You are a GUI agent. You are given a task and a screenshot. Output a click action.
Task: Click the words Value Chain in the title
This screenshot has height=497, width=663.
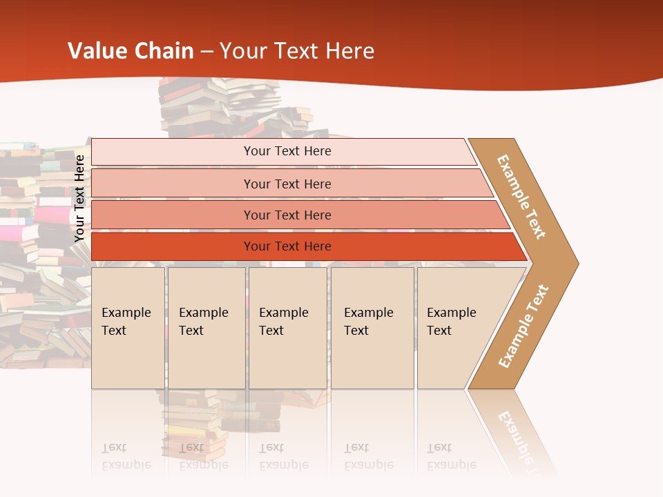pos(131,51)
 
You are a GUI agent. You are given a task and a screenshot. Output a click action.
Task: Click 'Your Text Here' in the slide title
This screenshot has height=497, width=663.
pos(297,51)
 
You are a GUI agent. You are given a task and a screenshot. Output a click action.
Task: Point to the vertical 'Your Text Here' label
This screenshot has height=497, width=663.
pos(79,199)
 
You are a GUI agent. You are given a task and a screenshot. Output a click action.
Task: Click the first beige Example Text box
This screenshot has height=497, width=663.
pos(128,328)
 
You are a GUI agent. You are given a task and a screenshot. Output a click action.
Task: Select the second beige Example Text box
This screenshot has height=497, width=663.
pos(206,328)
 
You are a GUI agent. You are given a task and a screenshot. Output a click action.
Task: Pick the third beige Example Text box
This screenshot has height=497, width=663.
pos(287,328)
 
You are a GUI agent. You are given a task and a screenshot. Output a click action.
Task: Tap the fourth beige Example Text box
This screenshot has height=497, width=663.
pos(372,328)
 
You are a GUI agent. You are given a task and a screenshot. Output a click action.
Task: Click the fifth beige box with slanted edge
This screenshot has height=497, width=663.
pos(459,328)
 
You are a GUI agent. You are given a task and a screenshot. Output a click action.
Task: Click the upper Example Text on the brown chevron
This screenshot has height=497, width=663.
pos(521,197)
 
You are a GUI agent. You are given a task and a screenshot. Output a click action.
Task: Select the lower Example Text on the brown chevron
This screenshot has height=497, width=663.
pos(523,326)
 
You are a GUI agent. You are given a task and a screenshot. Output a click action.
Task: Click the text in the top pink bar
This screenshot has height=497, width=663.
pos(287,151)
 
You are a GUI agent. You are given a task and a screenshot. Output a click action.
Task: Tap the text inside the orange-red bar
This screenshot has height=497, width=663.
pos(287,246)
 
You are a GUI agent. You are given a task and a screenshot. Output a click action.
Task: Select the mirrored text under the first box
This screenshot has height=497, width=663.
pos(126,456)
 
